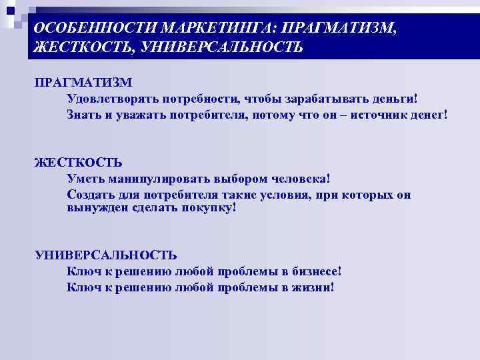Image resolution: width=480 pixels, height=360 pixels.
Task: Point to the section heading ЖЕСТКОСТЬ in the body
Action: [78, 163]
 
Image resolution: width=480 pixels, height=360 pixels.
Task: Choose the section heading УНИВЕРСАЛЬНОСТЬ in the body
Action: [105, 255]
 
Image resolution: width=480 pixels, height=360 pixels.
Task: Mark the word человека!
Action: [300, 179]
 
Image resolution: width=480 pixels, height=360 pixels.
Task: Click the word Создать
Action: [90, 195]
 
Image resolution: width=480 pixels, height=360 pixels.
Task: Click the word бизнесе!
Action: [316, 272]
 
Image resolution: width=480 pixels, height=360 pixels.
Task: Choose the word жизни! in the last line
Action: [312, 287]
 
